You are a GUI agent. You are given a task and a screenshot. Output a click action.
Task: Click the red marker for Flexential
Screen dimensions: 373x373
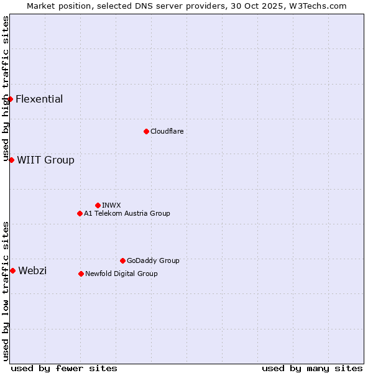tap(10, 99)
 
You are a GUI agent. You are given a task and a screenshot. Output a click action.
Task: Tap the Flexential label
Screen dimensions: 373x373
tap(39, 99)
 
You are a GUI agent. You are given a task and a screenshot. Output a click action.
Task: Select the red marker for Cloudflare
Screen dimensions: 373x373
tap(146, 131)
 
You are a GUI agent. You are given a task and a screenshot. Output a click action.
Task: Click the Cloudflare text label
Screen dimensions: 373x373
tap(167, 132)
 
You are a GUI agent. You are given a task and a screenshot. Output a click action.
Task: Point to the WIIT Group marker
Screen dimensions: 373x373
tap(11, 160)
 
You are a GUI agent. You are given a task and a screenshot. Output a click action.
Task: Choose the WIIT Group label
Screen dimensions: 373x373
tap(45, 160)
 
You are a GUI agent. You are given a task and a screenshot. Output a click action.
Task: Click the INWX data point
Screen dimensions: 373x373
tap(98, 205)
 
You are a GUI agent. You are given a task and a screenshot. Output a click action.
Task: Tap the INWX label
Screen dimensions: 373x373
tap(111, 206)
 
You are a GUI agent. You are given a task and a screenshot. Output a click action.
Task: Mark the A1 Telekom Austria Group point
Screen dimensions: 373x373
tap(80, 213)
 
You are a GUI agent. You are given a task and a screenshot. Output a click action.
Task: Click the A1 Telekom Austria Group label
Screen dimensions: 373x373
tap(127, 214)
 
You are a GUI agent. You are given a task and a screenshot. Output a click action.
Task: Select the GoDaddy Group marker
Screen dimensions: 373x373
tap(122, 260)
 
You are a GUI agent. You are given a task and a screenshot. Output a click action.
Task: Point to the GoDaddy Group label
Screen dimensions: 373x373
tap(153, 261)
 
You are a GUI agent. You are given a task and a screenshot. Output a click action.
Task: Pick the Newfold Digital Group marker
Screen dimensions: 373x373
tap(81, 274)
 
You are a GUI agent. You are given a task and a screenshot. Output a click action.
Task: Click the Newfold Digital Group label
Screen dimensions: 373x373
tap(121, 274)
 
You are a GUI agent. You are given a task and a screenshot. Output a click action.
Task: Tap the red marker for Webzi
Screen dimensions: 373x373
tap(12, 270)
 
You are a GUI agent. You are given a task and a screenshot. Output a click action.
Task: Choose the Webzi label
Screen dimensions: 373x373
tap(32, 271)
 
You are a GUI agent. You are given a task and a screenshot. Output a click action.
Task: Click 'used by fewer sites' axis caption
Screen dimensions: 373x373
tap(64, 368)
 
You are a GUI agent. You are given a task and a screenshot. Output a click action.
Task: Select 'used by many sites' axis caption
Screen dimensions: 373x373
tap(312, 368)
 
